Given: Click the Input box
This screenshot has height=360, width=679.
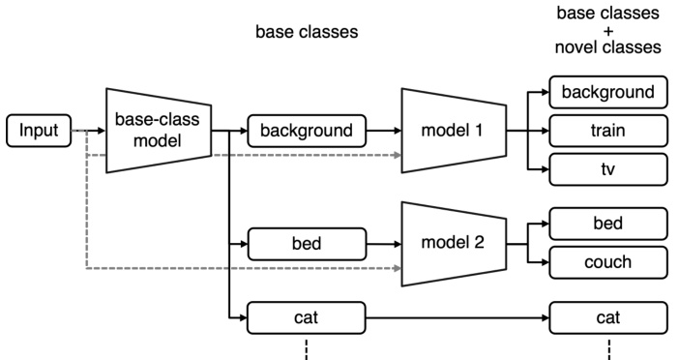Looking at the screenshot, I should (x=40, y=130).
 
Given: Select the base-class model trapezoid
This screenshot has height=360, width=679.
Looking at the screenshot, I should (x=159, y=130).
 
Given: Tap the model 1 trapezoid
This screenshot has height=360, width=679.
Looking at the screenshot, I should (x=452, y=129).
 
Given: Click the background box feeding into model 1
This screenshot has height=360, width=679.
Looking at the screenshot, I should (x=308, y=129).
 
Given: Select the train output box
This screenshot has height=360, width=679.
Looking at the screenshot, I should (x=607, y=129).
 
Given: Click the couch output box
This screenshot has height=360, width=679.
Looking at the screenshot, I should (x=607, y=261).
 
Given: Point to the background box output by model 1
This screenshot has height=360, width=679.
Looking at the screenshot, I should (x=607, y=93).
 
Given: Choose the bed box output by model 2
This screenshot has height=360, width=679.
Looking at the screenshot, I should (x=607, y=225).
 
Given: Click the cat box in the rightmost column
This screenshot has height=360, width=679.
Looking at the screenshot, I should (x=607, y=315).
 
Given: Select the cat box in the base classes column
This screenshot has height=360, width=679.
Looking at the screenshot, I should (x=308, y=315).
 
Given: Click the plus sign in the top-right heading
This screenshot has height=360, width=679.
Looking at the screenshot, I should (x=608, y=30).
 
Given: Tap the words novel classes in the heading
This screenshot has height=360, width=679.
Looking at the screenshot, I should (x=608, y=46).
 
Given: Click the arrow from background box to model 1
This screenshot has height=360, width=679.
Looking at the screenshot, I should (x=384, y=129).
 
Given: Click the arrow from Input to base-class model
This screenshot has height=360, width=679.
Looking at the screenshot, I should (x=89, y=130).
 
